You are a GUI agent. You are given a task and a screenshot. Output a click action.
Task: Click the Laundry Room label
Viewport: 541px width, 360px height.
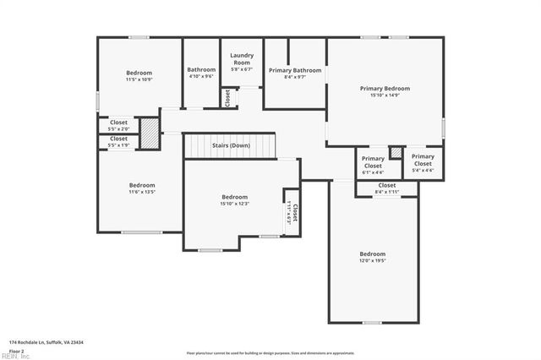(x=242, y=59)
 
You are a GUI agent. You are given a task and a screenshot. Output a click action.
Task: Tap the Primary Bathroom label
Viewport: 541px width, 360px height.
(x=295, y=70)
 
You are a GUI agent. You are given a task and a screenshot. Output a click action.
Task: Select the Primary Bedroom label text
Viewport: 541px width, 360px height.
(x=385, y=88)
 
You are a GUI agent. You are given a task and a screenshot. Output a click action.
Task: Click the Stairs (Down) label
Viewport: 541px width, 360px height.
(x=230, y=145)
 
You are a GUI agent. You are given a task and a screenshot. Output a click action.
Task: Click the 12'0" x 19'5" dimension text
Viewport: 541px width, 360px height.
(x=372, y=260)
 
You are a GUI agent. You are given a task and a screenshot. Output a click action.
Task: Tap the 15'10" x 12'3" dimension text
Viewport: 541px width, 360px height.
(x=234, y=203)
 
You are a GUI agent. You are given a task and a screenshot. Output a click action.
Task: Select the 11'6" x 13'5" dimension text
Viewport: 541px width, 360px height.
(x=142, y=192)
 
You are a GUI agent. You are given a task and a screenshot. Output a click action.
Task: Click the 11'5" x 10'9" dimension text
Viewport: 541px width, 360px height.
(x=139, y=79)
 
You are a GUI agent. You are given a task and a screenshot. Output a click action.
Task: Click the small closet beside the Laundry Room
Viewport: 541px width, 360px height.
(x=227, y=97)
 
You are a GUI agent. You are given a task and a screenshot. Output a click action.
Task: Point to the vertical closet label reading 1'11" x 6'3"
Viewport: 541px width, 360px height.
(x=291, y=207)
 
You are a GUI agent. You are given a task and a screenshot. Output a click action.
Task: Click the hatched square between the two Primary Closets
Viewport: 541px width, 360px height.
(x=395, y=153)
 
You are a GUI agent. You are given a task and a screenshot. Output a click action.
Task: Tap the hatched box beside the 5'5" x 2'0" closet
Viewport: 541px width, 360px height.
(x=149, y=133)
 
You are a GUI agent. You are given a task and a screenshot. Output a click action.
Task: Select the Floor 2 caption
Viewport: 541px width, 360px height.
(x=16, y=350)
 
